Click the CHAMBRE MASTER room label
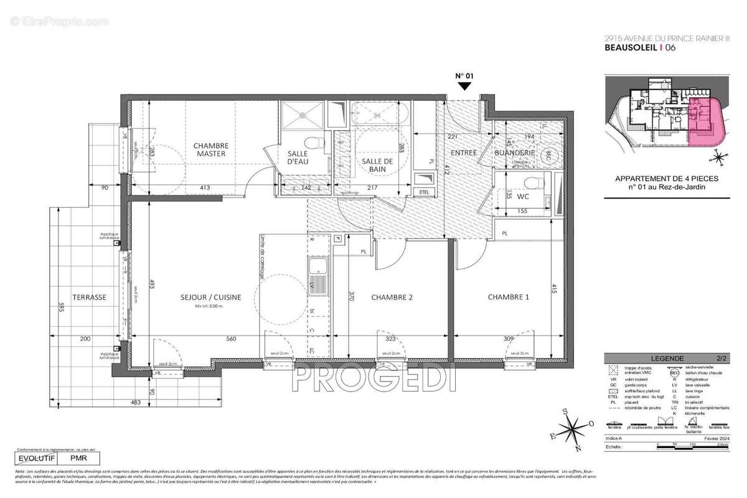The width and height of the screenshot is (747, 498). tap(211, 149)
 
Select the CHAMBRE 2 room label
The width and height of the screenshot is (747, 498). tap(392, 298)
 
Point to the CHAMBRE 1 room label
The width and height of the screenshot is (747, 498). tap(508, 298)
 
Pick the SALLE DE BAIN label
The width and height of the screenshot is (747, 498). tap(378, 166)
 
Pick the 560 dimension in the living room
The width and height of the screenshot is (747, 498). tap(232, 339)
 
